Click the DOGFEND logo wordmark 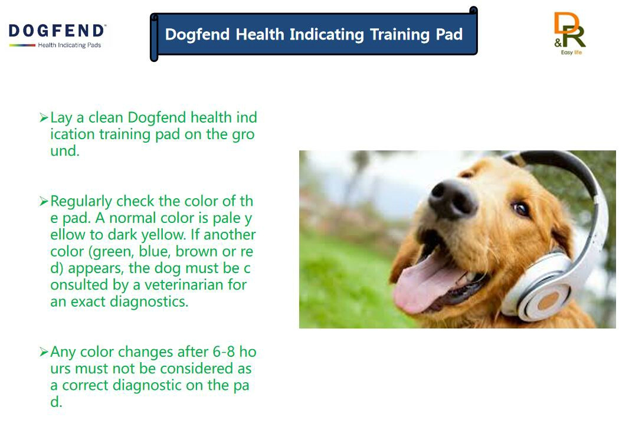tap(57, 31)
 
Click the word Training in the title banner tap(399, 35)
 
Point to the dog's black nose tap(452, 199)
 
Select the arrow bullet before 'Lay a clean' tap(44, 117)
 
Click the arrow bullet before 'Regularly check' tap(44, 201)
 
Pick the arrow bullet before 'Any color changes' tap(44, 352)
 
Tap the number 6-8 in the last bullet tap(224, 352)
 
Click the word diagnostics tap(149, 302)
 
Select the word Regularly tap(81, 202)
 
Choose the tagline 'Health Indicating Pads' tap(70, 45)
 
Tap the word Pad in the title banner tap(449, 34)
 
